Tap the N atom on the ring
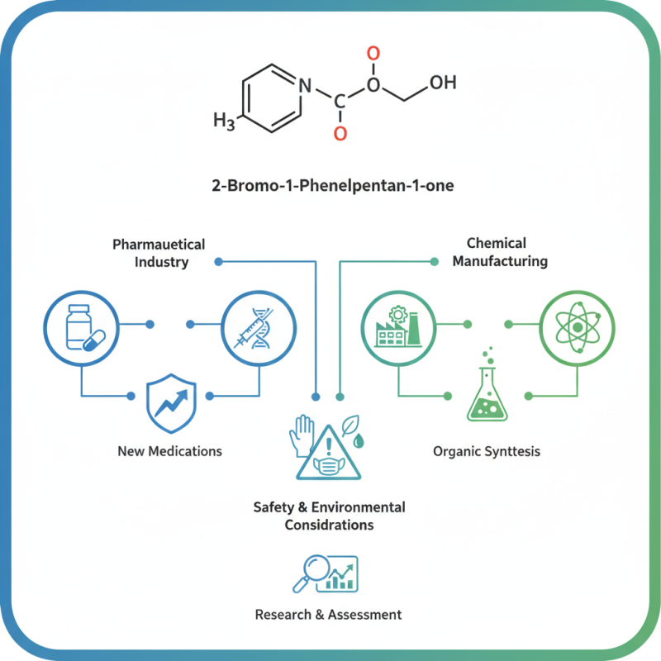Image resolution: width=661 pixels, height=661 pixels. (x=305, y=84)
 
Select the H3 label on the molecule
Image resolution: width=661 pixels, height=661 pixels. (x=224, y=121)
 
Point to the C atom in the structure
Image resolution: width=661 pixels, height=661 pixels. (x=340, y=102)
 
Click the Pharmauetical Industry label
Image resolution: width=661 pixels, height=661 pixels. (x=159, y=253)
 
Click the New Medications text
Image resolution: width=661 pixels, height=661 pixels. (x=169, y=451)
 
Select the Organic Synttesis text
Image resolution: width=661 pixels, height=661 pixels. (x=487, y=451)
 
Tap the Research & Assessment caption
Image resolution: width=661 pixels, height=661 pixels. (x=328, y=615)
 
